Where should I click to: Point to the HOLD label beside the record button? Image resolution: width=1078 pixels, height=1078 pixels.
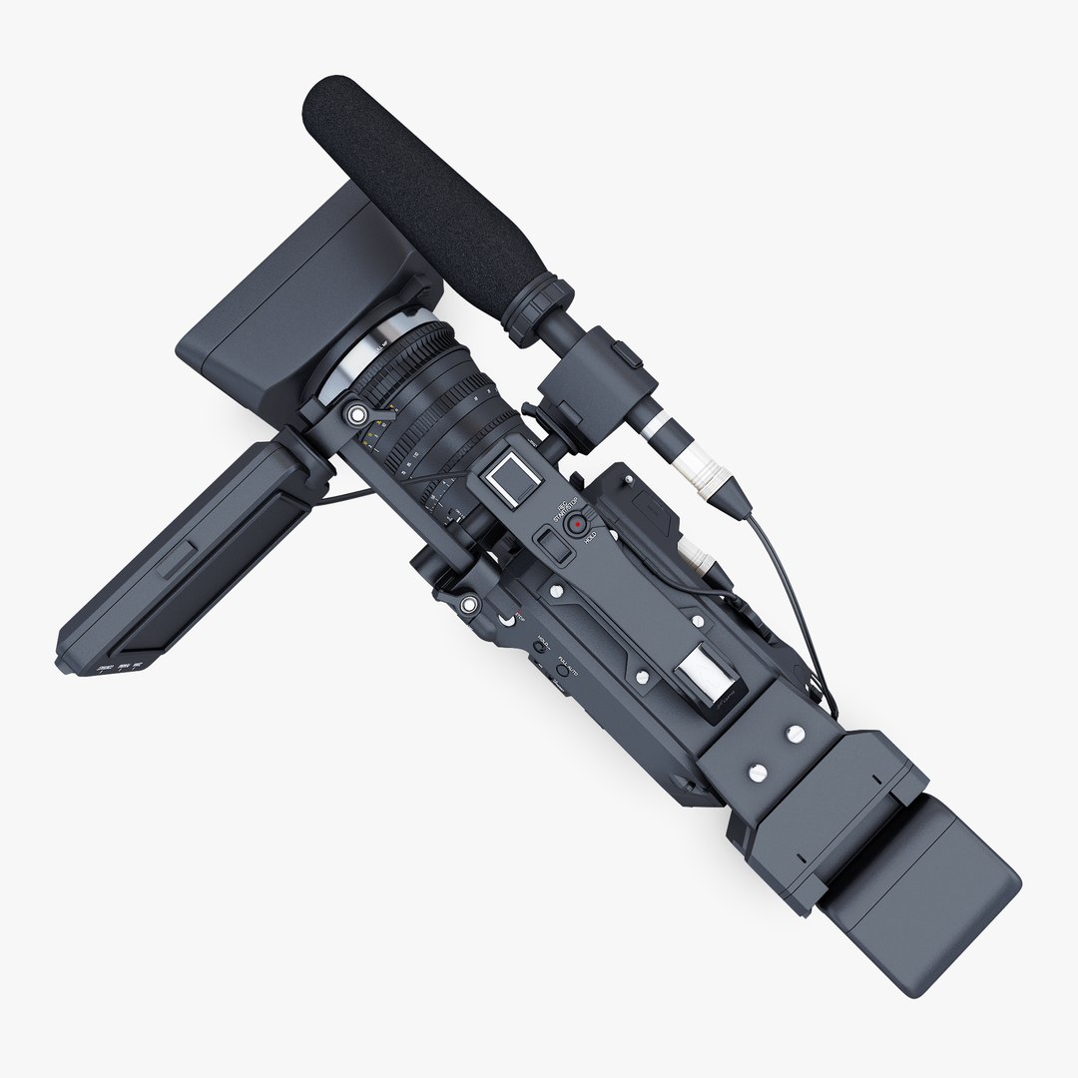pos(590,537)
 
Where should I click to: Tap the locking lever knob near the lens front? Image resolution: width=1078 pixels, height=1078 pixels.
pos(355,413)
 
